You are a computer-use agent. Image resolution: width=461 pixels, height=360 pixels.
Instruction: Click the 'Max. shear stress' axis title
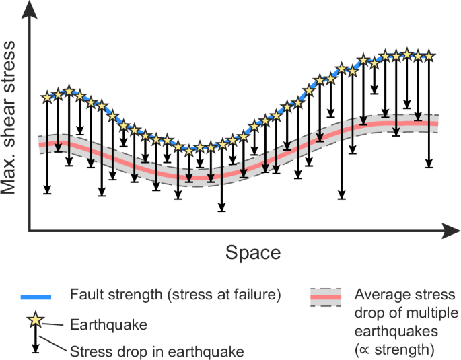[9, 117]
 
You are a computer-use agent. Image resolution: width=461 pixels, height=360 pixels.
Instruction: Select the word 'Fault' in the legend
[84, 295]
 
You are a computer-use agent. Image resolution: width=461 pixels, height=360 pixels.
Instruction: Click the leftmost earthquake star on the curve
[47, 98]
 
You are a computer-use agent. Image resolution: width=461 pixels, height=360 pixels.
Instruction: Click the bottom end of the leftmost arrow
[47, 193]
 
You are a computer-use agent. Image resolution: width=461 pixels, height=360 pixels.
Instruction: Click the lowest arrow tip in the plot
[222, 211]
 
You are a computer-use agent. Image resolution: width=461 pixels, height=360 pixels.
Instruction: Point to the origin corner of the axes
[28, 232]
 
